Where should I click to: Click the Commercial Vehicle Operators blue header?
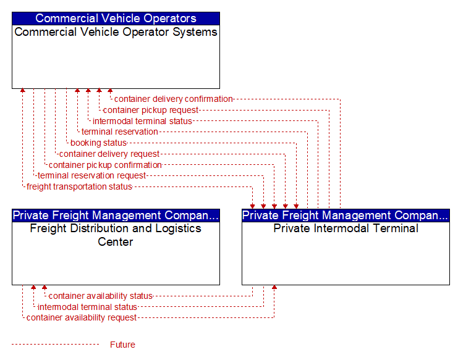pyautogui.click(x=116, y=19)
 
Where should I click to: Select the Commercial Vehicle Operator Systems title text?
pyautogui.click(x=116, y=32)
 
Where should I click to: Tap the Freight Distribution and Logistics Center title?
pyautogui.click(x=116, y=235)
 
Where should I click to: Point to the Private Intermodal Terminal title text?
pyautogui.click(x=346, y=228)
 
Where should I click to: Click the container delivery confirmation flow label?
pyautogui.click(x=173, y=99)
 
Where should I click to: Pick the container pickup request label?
pyautogui.click(x=150, y=111)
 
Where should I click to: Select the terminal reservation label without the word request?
pyautogui.click(x=120, y=132)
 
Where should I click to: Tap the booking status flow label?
pyautogui.click(x=98, y=143)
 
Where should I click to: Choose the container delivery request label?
pyautogui.click(x=109, y=154)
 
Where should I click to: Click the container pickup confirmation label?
pyautogui.click(x=105, y=165)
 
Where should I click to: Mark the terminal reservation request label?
pyautogui.click(x=91, y=175)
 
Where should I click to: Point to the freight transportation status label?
pyautogui.click(x=79, y=186)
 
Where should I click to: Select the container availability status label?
pyautogui.click(x=101, y=296)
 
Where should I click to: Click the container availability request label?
pyautogui.click(x=82, y=317)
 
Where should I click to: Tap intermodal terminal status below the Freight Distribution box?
pyautogui.click(x=87, y=307)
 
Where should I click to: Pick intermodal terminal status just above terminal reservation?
pyautogui.click(x=142, y=121)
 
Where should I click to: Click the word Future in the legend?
pyautogui.click(x=122, y=345)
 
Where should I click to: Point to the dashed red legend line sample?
pyautogui.click(x=56, y=345)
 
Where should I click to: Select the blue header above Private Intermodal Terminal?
pyautogui.click(x=346, y=216)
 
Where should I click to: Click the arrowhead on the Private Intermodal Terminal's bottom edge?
pyautogui.click(x=274, y=287)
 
